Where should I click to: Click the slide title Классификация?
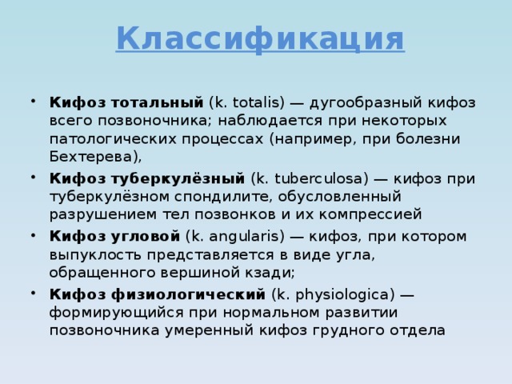click(x=260, y=38)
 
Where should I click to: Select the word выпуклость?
click(x=100, y=254)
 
